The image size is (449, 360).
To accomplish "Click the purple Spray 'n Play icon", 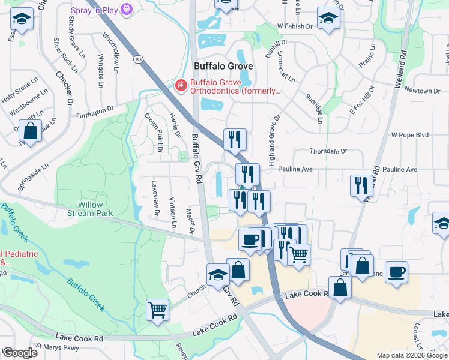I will pos(126,9).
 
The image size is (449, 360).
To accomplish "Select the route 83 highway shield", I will pos(139,59).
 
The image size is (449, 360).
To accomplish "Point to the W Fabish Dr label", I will pos(295,26).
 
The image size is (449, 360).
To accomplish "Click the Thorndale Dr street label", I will pos(327,152).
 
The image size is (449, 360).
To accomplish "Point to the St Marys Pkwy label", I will pos(57,347).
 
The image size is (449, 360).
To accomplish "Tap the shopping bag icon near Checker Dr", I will pos(29,130).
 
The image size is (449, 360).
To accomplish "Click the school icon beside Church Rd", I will pos(217,275).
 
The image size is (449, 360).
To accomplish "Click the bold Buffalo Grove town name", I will pos(223,66).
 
